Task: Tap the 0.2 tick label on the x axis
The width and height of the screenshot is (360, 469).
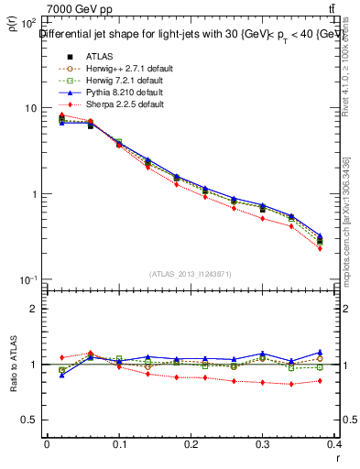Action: (x=191, y=445)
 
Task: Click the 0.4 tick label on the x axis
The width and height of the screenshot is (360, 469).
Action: (x=336, y=445)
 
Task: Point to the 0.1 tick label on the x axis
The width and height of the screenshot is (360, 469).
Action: (x=119, y=445)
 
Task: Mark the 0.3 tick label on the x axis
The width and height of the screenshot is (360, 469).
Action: (x=264, y=445)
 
